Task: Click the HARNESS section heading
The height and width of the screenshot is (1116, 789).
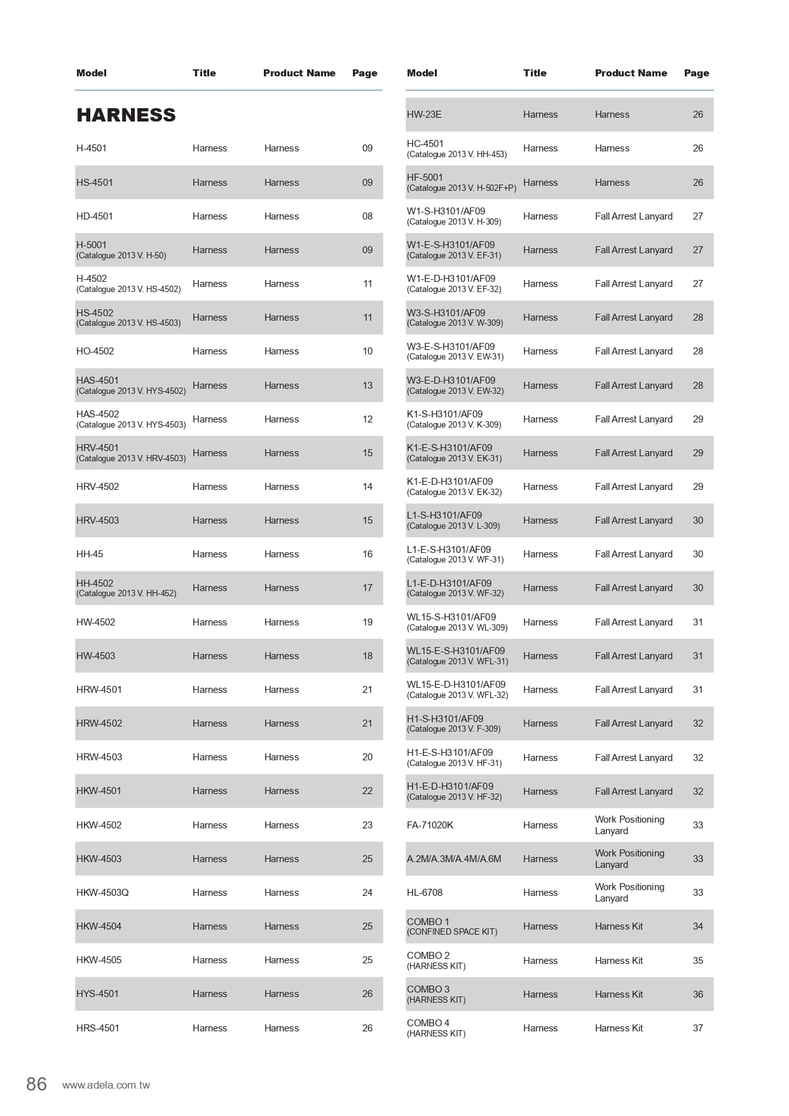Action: click(x=126, y=115)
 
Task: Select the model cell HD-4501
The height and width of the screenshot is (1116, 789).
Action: click(x=95, y=216)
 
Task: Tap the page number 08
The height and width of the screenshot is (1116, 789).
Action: click(x=367, y=216)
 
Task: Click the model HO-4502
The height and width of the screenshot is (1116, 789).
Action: click(x=95, y=351)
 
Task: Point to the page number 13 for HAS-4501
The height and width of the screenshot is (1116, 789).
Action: click(x=367, y=386)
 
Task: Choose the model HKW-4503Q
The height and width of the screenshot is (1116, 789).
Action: click(x=102, y=893)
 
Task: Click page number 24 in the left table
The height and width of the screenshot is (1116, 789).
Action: click(x=367, y=893)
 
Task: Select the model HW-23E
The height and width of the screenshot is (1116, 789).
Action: click(x=424, y=115)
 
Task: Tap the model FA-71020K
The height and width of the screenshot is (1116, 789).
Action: click(x=430, y=825)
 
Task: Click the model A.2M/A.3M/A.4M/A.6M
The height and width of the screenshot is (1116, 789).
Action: click(x=454, y=859)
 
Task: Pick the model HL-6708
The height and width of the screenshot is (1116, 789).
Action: click(x=425, y=893)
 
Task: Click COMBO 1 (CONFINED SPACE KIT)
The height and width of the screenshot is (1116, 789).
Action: click(x=452, y=926)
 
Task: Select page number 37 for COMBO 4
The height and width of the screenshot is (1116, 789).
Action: click(x=698, y=1028)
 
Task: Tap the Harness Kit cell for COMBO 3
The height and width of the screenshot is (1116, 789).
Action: click(x=619, y=994)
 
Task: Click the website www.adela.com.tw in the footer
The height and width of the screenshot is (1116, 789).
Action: click(x=106, y=1085)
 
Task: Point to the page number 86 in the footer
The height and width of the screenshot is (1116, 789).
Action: click(x=37, y=1084)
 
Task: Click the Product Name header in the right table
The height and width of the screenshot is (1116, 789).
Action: click(x=631, y=73)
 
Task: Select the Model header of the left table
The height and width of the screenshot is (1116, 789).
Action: click(x=92, y=73)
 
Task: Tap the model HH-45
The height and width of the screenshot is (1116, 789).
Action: click(x=90, y=554)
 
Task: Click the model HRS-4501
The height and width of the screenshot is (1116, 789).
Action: click(x=98, y=1028)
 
